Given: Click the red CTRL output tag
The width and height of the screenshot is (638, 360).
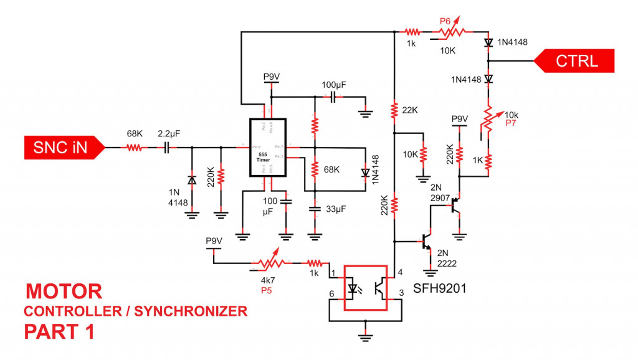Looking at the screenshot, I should pos(576,61).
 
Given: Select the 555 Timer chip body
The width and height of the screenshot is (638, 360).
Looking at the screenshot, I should pos(268,148).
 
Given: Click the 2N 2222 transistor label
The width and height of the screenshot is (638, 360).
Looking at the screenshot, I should pos(444,258).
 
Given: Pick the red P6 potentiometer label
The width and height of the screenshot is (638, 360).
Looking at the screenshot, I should pos(445,21).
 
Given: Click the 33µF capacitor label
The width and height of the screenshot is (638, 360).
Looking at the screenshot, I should pos(337,209).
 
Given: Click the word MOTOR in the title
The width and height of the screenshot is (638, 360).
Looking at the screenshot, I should pos(64,291).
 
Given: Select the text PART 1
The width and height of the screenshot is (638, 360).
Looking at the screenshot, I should pos(60,331).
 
